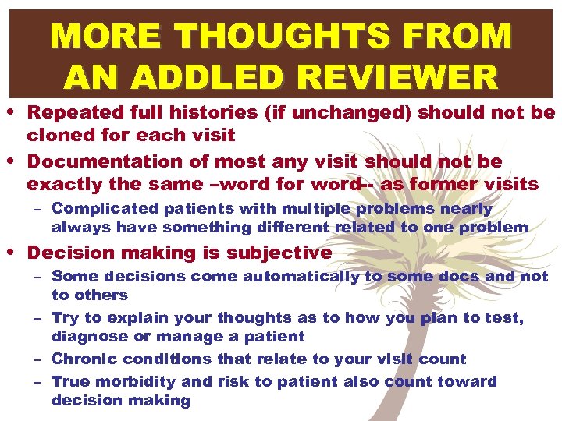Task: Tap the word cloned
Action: point(57,136)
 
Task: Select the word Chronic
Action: point(81,359)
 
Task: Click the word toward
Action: point(468,381)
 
